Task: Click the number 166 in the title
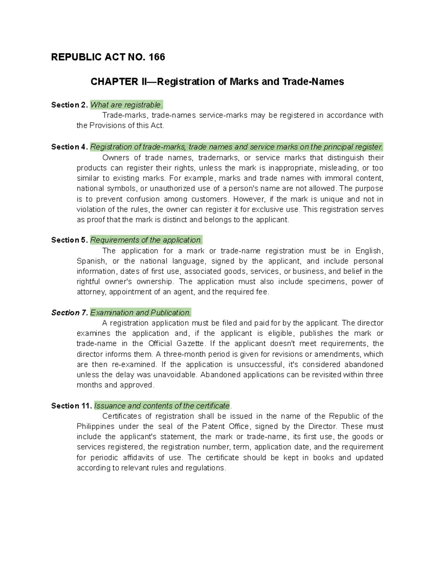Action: (x=157, y=57)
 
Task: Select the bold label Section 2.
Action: (x=69, y=105)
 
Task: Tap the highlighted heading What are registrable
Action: (x=126, y=105)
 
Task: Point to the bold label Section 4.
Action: (x=69, y=147)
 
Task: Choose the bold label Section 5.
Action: (x=69, y=240)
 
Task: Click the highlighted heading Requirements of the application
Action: (x=146, y=240)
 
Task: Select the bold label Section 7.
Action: (x=69, y=312)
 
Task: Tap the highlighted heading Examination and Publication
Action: (x=140, y=312)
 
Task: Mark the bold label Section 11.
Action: (x=71, y=406)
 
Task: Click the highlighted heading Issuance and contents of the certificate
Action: (x=162, y=406)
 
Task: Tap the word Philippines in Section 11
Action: (x=96, y=426)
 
